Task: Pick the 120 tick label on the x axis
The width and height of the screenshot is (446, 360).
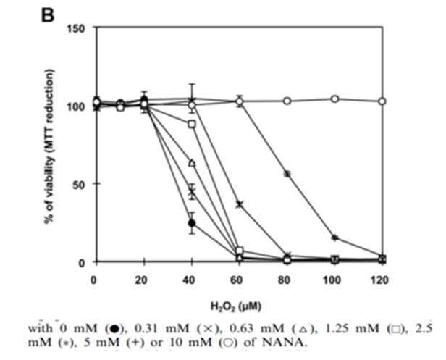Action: pos(382,280)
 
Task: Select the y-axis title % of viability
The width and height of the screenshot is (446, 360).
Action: pos(50,145)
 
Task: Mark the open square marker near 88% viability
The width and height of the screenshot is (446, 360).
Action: pos(192,125)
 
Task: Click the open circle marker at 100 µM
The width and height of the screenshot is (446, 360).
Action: pos(334,99)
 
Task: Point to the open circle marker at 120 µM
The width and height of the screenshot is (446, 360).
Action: pos(382,101)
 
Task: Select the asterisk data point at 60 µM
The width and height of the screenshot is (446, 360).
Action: pos(240,204)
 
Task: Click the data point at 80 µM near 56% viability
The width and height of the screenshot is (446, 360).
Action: pos(287,175)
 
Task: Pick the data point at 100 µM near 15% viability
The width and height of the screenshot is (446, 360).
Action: pos(334,238)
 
